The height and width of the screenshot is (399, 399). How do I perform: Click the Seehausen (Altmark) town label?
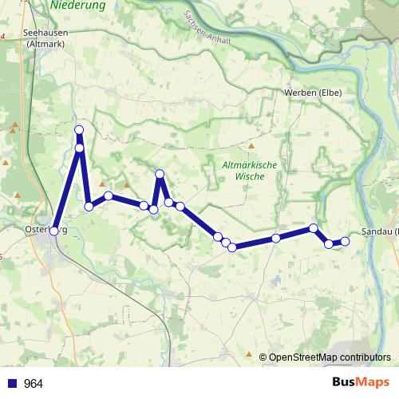click(45, 38)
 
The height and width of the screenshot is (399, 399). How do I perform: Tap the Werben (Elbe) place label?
click(313, 93)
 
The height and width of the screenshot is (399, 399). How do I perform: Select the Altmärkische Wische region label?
click(250, 170)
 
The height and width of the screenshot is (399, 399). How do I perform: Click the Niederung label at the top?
click(77, 5)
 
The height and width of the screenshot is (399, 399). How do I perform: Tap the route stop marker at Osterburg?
click(54, 231)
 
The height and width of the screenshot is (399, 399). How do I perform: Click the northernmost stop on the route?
click(79, 130)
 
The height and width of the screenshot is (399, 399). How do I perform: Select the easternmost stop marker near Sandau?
click(345, 241)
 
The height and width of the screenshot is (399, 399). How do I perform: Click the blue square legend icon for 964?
click(11, 384)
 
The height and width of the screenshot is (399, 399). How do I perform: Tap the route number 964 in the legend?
click(34, 384)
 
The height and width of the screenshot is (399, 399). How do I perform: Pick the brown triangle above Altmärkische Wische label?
click(251, 146)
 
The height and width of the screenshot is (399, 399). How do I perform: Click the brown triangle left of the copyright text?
click(250, 355)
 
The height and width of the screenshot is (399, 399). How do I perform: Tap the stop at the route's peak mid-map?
click(160, 174)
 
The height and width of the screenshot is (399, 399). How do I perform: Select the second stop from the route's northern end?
click(79, 148)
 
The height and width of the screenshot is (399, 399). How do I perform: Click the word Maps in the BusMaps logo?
click(372, 383)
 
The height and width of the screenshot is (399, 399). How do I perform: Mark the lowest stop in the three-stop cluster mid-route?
click(232, 247)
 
